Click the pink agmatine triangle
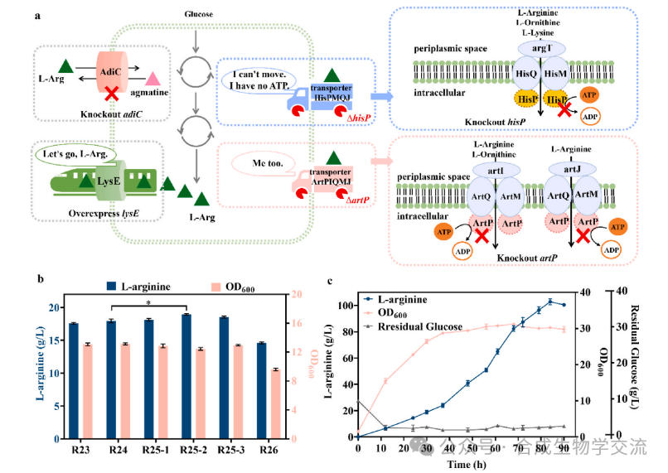point(153,80)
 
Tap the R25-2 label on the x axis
point(192,450)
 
